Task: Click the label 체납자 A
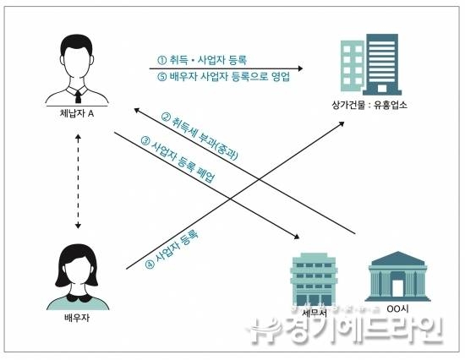[77, 113]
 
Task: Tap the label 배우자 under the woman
[77, 318]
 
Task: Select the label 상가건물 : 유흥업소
[369, 105]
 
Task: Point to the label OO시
[397, 308]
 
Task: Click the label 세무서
[315, 313]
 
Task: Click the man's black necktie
[78, 96]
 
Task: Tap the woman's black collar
[78, 297]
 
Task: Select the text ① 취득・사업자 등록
[202, 60]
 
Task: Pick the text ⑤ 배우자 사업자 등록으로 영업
[223, 77]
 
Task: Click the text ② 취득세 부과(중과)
[200, 135]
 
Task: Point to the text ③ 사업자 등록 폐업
[178, 159]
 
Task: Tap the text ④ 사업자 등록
[172, 248]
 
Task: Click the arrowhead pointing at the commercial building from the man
[300, 68]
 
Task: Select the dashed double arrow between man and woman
[78, 181]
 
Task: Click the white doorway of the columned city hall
[397, 287]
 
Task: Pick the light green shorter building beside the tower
[352, 66]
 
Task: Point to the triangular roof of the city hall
[398, 259]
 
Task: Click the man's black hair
[76, 46]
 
